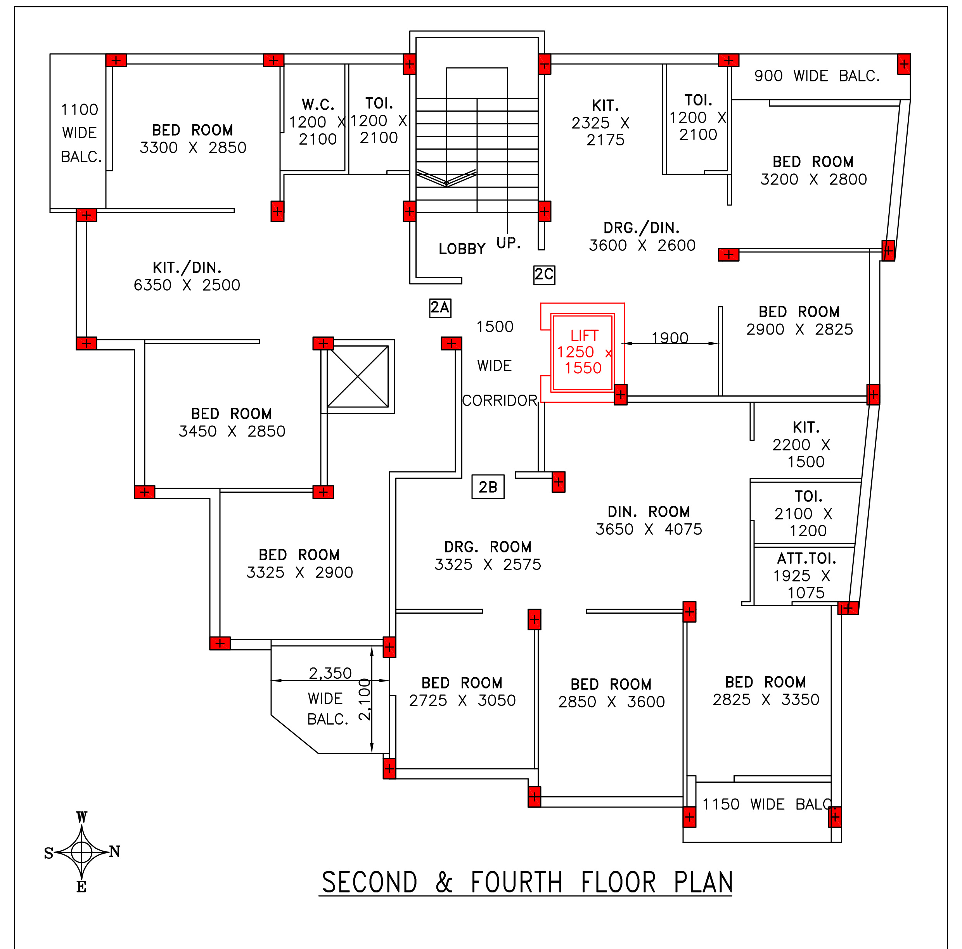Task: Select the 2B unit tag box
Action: click(x=488, y=487)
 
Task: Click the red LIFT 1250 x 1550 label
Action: click(x=583, y=352)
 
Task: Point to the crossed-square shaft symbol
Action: click(x=358, y=376)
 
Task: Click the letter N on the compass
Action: click(x=114, y=851)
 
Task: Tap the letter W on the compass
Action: click(x=82, y=817)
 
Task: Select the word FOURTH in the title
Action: click(x=516, y=883)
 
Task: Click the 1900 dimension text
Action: click(x=670, y=338)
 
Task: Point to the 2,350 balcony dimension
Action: click(x=330, y=673)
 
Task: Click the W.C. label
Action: click(x=318, y=105)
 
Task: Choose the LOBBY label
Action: click(x=462, y=249)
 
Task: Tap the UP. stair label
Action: click(x=509, y=243)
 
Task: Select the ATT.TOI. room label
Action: click(x=807, y=558)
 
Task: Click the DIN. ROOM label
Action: click(x=649, y=512)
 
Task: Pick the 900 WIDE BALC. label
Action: click(x=817, y=76)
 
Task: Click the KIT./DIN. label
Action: click(x=187, y=268)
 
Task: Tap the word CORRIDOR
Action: click(x=499, y=400)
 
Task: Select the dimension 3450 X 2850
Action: click(x=232, y=431)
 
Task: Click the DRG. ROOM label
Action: click(x=488, y=547)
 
